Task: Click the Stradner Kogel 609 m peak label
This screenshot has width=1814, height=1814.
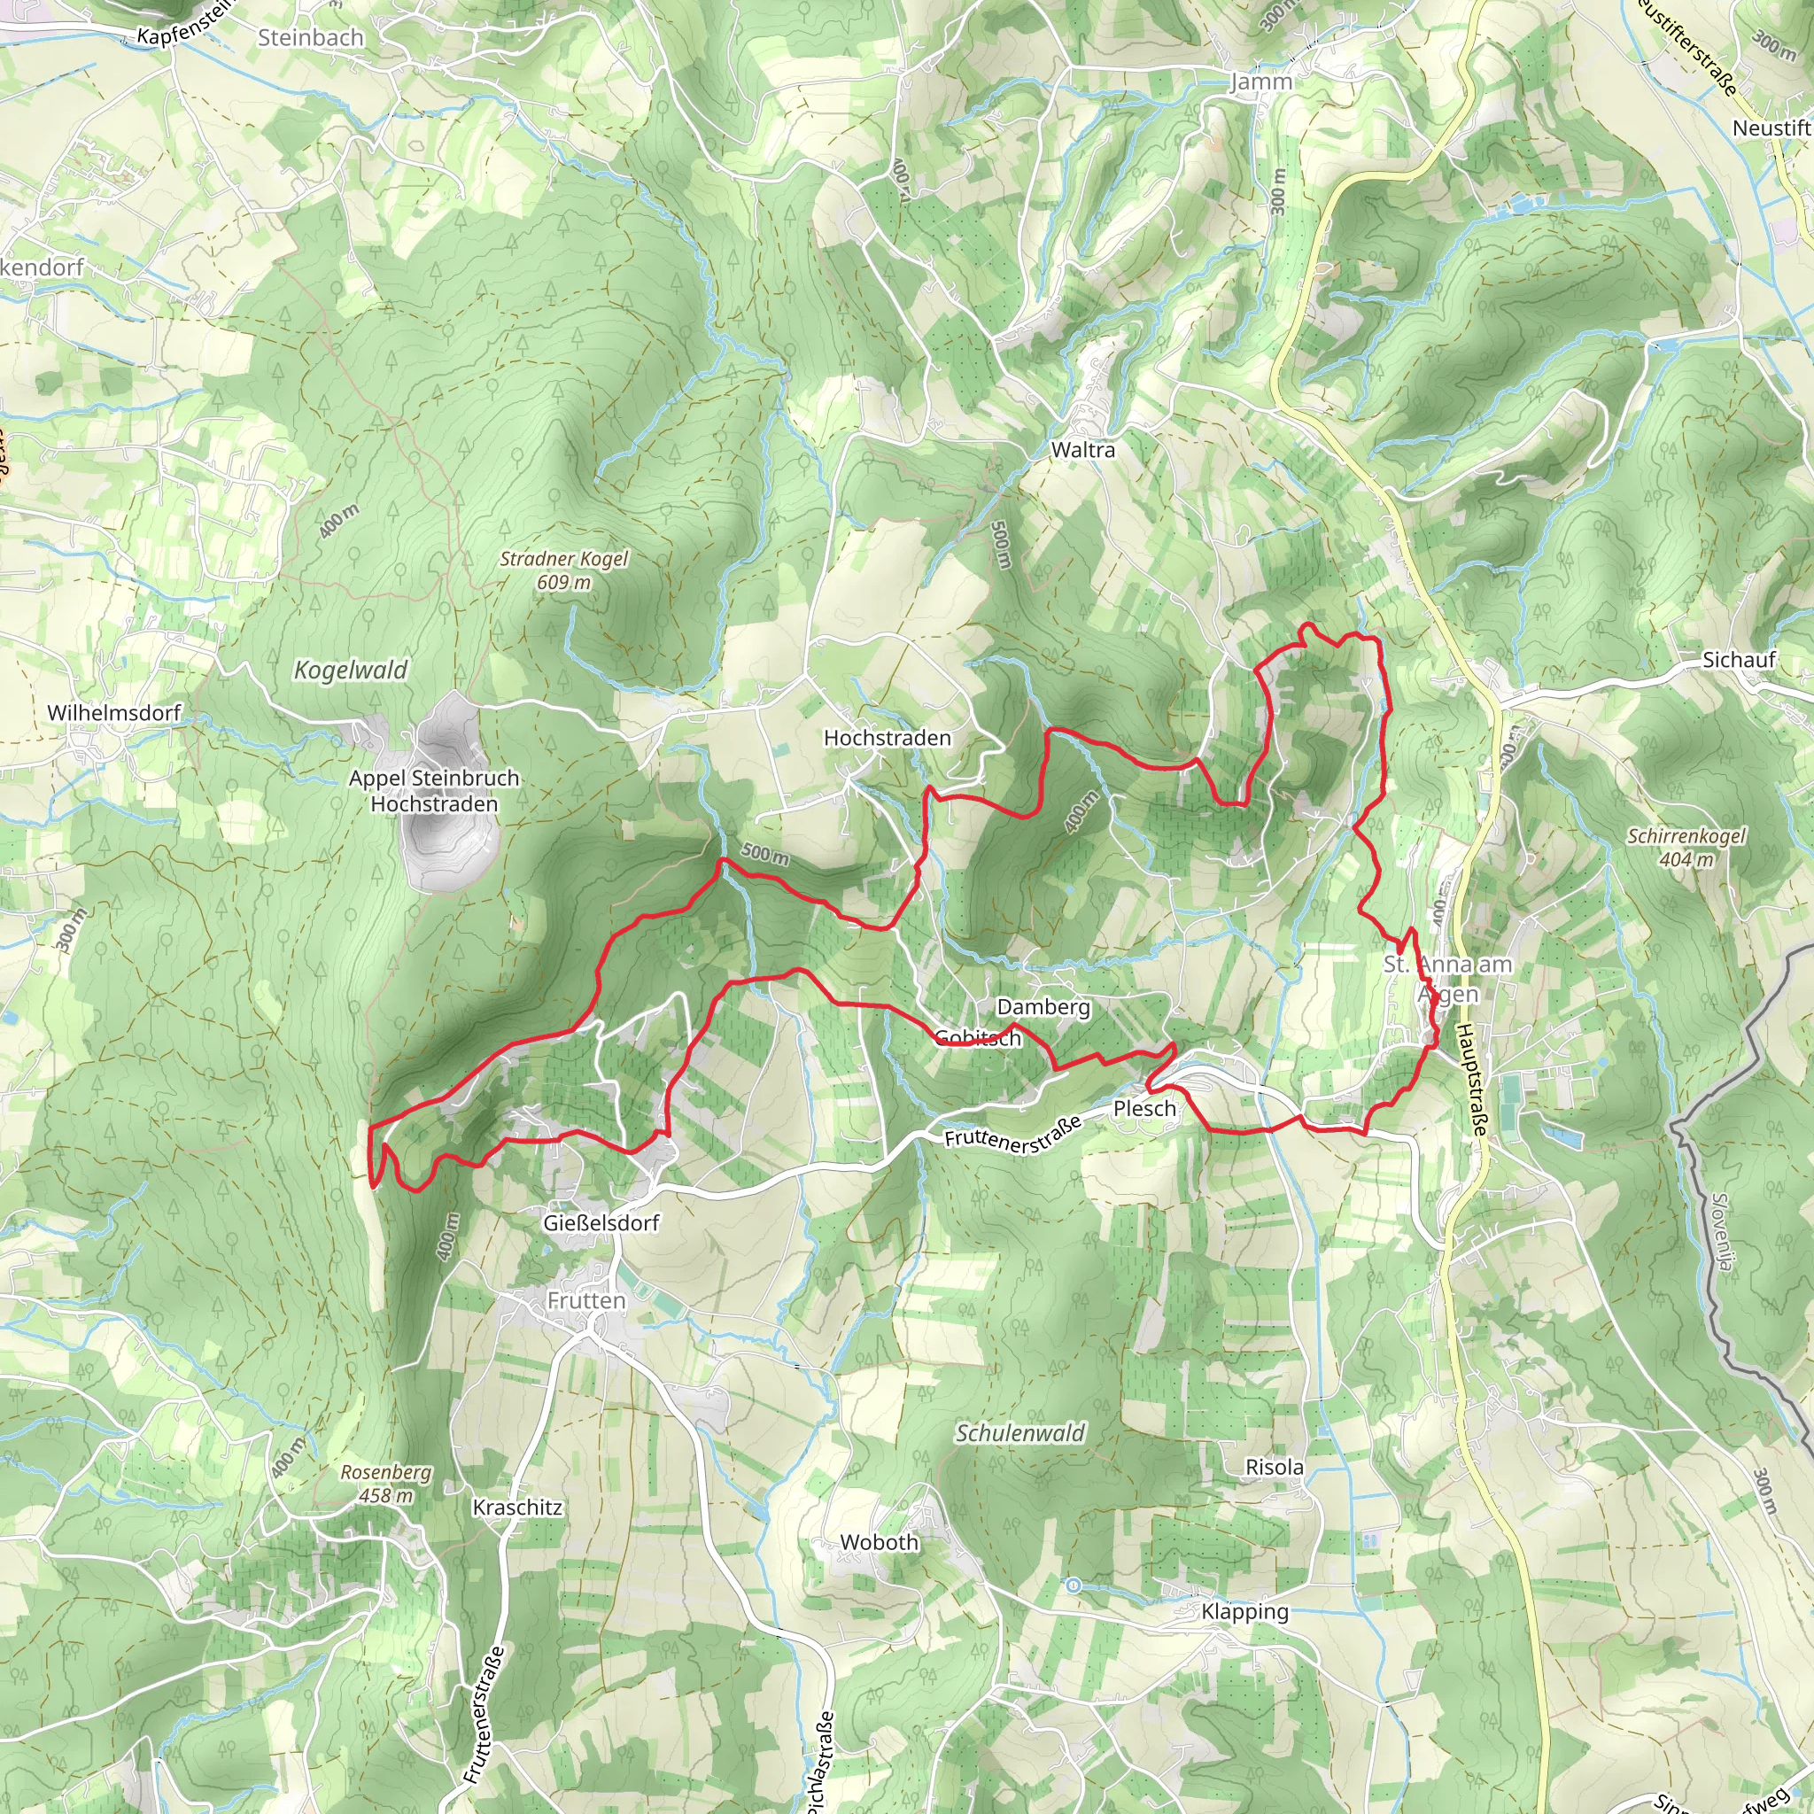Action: tap(563, 570)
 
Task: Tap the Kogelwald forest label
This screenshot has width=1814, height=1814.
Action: tap(350, 670)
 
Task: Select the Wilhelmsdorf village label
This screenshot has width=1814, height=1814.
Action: tap(113, 713)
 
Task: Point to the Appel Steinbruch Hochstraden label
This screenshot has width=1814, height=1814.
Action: tap(434, 791)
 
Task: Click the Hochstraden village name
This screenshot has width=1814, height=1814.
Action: tap(888, 738)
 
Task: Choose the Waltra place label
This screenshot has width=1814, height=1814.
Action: tap(1082, 450)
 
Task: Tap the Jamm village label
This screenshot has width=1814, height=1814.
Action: tap(1261, 81)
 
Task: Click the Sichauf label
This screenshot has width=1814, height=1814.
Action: tap(1739, 660)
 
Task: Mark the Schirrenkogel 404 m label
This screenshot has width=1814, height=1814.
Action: tap(1686, 847)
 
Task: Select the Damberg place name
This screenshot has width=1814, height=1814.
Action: tap(1043, 1007)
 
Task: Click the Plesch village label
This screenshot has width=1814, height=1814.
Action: tap(1144, 1109)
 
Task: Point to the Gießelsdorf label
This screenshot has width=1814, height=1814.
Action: tap(601, 1222)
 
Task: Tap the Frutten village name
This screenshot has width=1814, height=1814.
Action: tap(585, 1300)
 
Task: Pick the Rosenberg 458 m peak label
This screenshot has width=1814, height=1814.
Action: tap(386, 1484)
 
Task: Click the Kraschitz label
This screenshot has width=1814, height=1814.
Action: tap(517, 1507)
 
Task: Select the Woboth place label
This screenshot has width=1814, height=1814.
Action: tap(879, 1542)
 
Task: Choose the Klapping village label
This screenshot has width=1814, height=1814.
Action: tap(1245, 1611)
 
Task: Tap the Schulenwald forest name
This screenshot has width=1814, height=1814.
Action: tap(1019, 1433)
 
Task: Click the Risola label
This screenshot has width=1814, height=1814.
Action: tap(1274, 1467)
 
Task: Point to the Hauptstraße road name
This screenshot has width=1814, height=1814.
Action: tap(1471, 1080)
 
